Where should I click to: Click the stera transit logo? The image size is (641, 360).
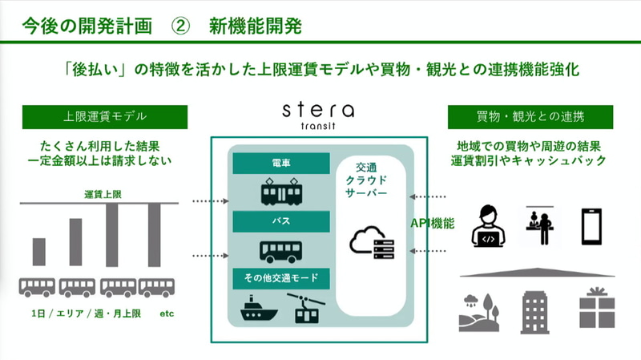318,115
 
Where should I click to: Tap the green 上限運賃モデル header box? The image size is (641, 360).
105,117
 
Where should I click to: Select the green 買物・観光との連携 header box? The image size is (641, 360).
530,117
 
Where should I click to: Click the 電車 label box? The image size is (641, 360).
281,164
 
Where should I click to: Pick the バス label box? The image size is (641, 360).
281,221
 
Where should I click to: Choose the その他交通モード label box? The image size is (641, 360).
281,278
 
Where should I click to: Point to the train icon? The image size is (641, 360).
282,192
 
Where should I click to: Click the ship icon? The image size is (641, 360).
259,308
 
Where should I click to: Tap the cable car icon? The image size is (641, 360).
306,308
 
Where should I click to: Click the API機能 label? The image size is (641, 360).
433,224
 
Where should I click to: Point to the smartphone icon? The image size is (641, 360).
591,227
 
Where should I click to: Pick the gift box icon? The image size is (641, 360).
597,308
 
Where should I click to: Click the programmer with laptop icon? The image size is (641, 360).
489,226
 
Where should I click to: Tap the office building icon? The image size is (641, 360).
534,312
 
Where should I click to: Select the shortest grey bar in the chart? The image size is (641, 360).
39,252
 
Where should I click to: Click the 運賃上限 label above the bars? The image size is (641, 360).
103,194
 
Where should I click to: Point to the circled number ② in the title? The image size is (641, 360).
180,26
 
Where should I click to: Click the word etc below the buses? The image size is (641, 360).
167,313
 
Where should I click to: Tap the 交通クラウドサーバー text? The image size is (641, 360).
366,180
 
